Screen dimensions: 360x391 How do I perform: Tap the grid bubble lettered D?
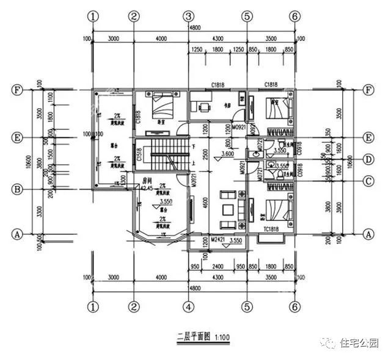click(x=368, y=160)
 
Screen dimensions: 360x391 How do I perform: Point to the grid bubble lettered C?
click(x=368, y=181)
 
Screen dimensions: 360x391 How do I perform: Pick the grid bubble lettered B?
click(x=18, y=190)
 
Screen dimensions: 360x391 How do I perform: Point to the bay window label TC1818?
click(x=272, y=229)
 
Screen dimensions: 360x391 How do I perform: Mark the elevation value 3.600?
click(x=227, y=154)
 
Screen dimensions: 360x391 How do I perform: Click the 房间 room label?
click(x=147, y=181)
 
